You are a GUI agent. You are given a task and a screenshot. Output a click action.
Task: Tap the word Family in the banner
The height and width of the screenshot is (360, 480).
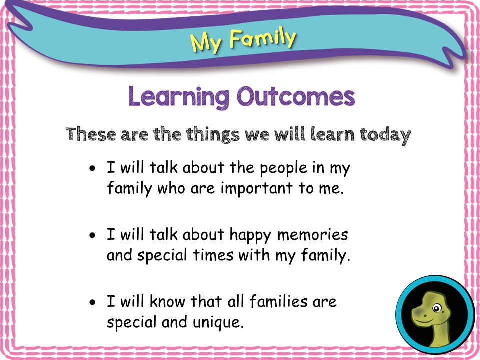(x=263, y=38)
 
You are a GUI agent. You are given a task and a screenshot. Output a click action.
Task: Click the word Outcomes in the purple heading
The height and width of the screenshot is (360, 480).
(x=295, y=96)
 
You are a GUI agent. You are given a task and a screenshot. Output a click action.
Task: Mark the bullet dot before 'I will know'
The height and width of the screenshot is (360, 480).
(x=92, y=303)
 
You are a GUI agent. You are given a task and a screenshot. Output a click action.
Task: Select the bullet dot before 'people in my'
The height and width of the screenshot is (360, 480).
(x=92, y=168)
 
